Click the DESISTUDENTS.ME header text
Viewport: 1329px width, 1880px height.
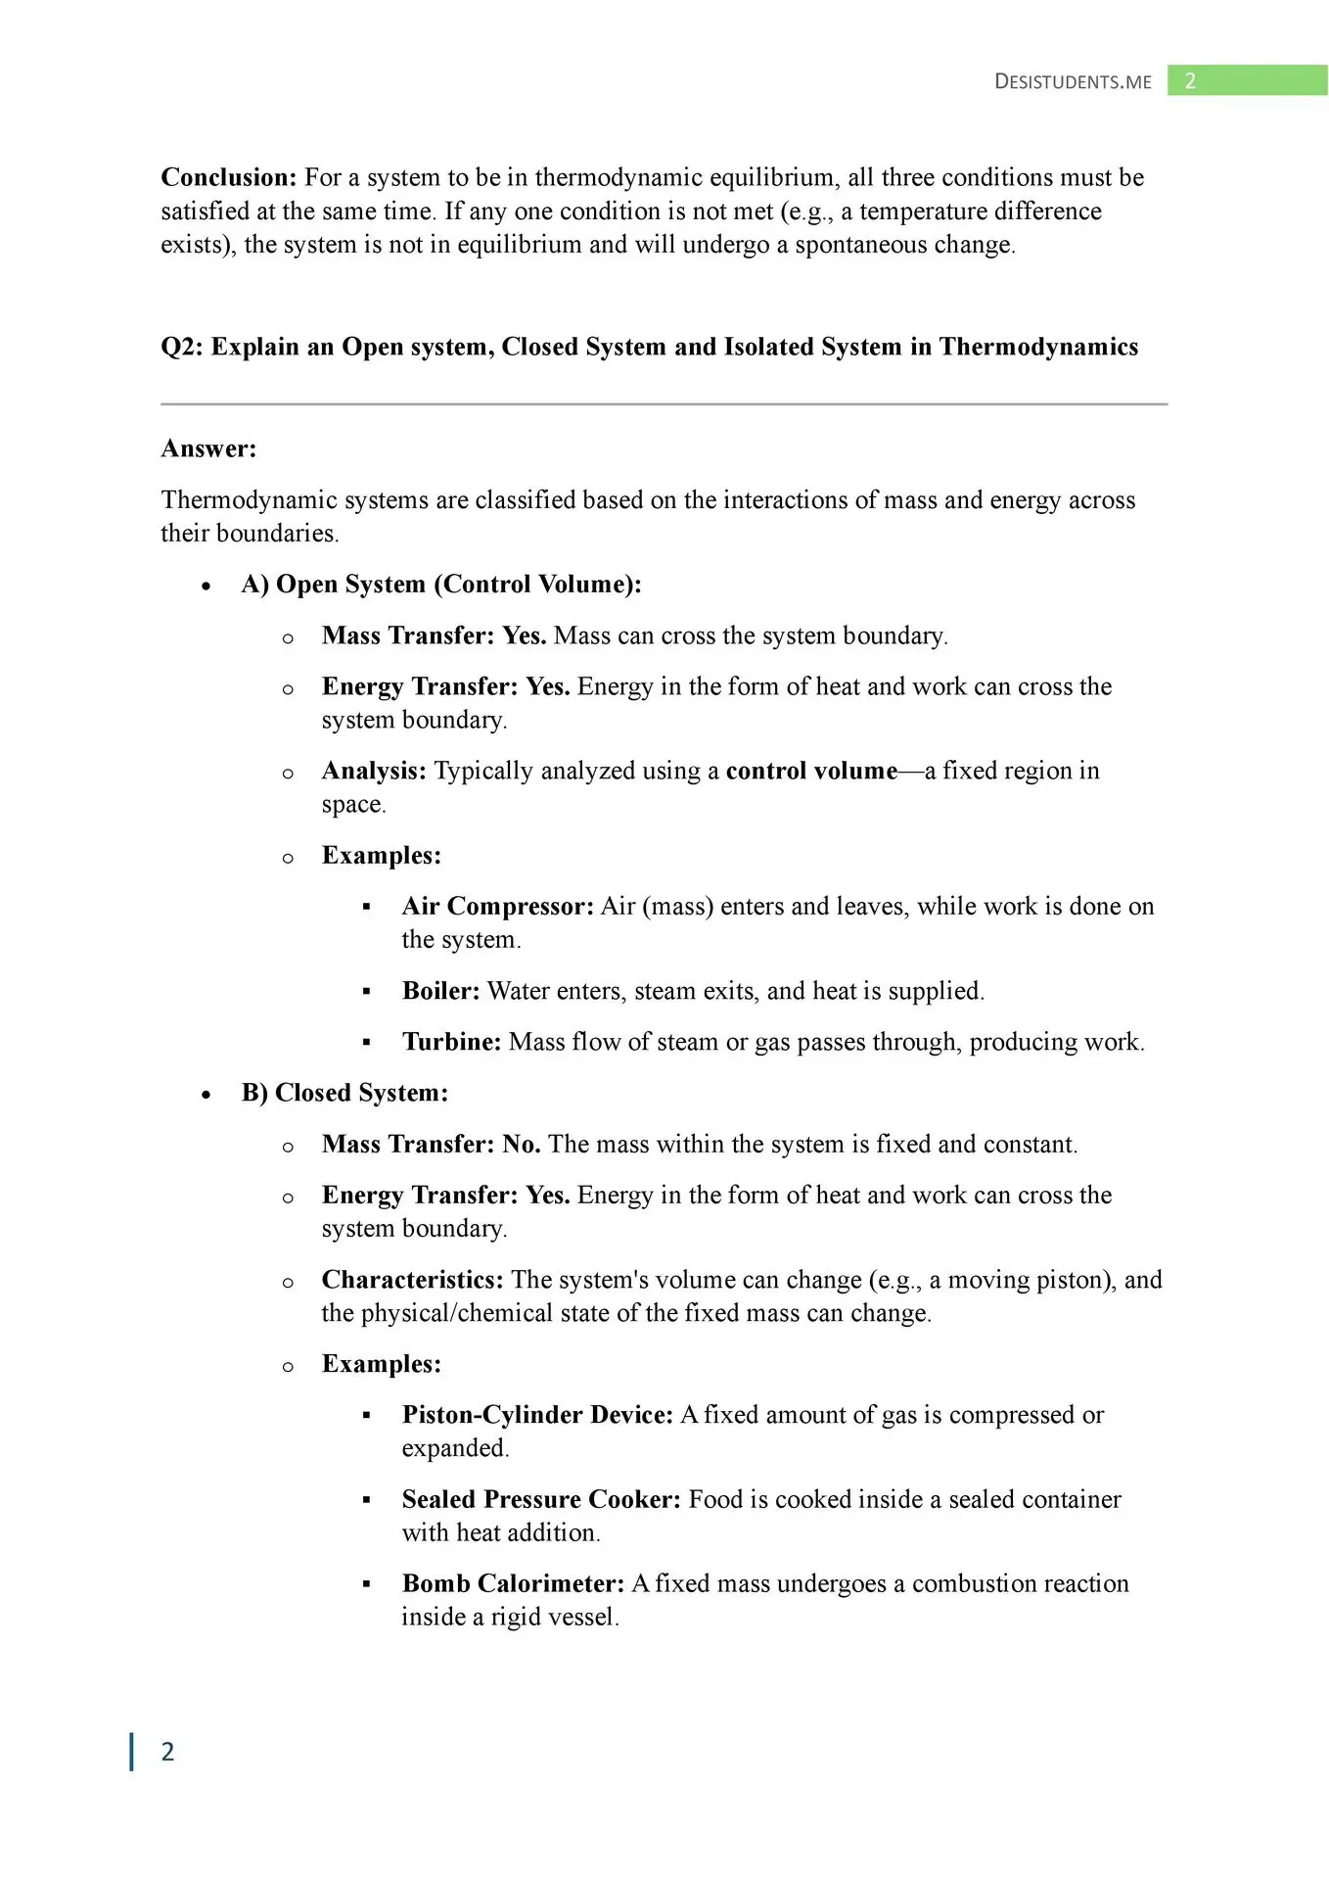[x=1073, y=82]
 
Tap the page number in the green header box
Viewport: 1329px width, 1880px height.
[x=1190, y=81]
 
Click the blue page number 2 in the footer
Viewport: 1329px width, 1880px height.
[x=167, y=1752]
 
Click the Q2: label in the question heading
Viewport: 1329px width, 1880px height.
[x=182, y=347]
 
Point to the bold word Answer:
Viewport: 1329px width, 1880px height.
[x=208, y=448]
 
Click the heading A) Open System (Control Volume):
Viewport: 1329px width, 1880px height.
[x=441, y=585]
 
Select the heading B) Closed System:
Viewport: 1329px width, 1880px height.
[x=344, y=1093]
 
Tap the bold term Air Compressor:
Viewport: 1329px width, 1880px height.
[x=497, y=906]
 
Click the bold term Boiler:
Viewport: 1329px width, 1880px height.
[x=440, y=991]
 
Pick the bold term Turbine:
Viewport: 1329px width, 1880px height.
[x=451, y=1042]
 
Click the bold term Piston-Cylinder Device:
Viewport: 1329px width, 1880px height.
[x=537, y=1415]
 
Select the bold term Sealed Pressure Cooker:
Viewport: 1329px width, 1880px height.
[x=541, y=1499]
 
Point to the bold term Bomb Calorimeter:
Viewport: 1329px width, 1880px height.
[x=513, y=1583]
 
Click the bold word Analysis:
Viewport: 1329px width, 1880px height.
[x=374, y=771]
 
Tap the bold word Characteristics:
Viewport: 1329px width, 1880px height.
[x=412, y=1280]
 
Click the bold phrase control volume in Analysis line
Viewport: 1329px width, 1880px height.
[x=811, y=771]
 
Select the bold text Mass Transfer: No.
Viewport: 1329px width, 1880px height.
[x=431, y=1144]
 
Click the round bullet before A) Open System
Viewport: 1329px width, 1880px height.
[x=206, y=587]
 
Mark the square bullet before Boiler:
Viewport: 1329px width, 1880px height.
[x=367, y=992]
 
